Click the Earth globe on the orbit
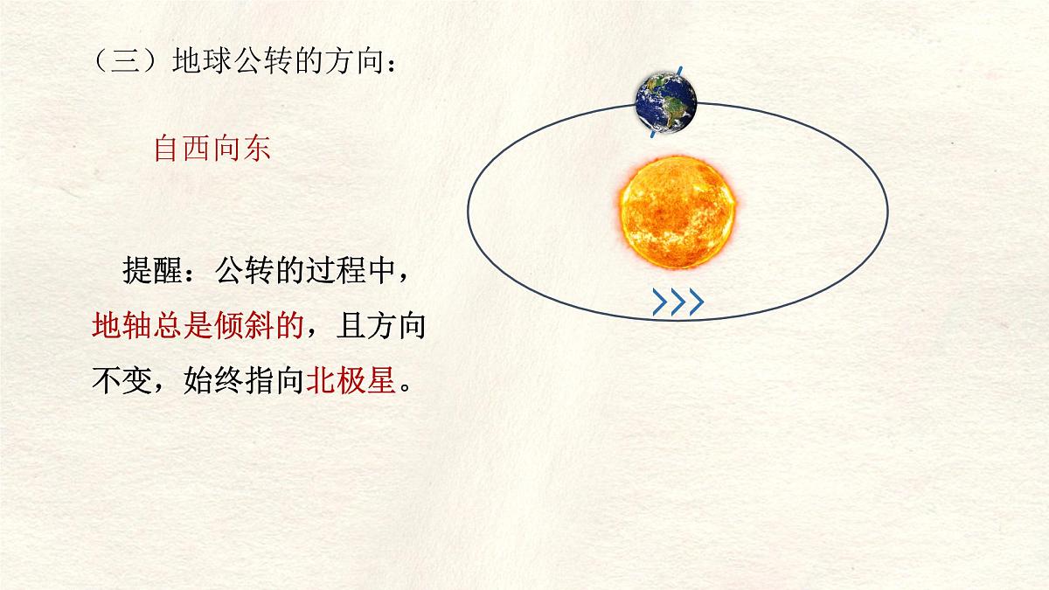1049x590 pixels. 666,102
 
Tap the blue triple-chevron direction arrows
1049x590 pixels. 677,302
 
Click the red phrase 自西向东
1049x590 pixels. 212,149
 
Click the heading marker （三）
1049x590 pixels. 119,62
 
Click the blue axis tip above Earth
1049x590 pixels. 680,70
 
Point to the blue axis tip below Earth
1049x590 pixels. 652,135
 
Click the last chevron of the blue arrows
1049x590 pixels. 695,302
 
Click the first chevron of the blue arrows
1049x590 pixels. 660,302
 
